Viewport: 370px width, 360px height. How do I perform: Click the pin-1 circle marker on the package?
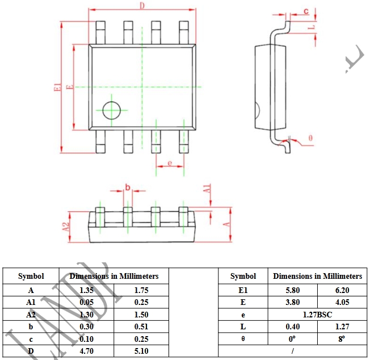111,110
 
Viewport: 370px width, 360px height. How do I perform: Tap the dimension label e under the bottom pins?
170,164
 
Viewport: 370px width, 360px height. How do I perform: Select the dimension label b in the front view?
127,187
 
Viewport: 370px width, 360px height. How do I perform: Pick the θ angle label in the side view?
310,138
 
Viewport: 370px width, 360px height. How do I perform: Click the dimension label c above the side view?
305,11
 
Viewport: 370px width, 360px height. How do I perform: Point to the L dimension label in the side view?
312,27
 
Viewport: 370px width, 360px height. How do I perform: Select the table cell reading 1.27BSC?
318,315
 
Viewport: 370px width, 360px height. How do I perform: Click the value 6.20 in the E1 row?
342,290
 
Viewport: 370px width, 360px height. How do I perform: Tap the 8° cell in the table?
342,338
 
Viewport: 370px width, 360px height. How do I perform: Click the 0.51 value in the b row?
142,326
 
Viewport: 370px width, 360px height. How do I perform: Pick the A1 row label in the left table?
31,302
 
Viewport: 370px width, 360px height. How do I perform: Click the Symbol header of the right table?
243,277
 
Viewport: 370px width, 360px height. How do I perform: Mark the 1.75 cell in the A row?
142,290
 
